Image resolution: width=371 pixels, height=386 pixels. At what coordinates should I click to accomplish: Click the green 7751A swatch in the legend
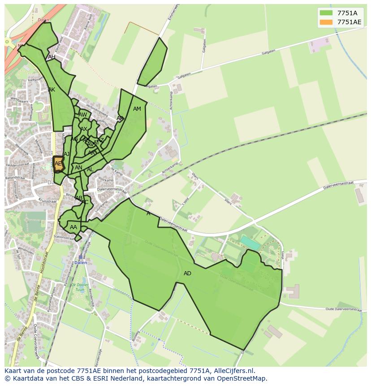[x=326, y=13]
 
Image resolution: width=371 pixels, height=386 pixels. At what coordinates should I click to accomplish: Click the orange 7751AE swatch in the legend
[x=326, y=22]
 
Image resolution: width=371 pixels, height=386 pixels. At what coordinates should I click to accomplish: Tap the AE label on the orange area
[x=58, y=164]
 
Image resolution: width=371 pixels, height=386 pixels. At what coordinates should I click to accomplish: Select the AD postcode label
[x=187, y=273]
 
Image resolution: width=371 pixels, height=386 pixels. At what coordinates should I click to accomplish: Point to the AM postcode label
[x=137, y=109]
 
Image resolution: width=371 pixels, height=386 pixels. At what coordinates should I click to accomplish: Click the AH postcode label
[x=52, y=57]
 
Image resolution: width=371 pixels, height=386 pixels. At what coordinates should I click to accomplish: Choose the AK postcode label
[x=52, y=90]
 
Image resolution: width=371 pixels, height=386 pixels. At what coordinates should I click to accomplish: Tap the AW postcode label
[x=83, y=115]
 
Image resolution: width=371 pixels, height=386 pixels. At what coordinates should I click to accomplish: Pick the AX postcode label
[x=84, y=129]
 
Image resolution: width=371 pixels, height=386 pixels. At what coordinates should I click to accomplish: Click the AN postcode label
[x=78, y=168]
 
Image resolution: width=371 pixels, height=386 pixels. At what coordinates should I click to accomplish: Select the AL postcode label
[x=90, y=169]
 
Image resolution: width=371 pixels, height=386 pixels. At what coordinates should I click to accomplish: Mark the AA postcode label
[x=73, y=227]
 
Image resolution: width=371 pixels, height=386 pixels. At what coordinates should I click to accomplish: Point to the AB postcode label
[x=79, y=198]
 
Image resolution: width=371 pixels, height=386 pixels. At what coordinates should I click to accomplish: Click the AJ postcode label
[x=67, y=154]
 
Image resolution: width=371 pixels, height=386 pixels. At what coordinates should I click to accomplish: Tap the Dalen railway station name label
[x=81, y=263]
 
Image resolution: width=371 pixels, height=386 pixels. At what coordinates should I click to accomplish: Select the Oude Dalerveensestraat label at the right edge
[x=343, y=309]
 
